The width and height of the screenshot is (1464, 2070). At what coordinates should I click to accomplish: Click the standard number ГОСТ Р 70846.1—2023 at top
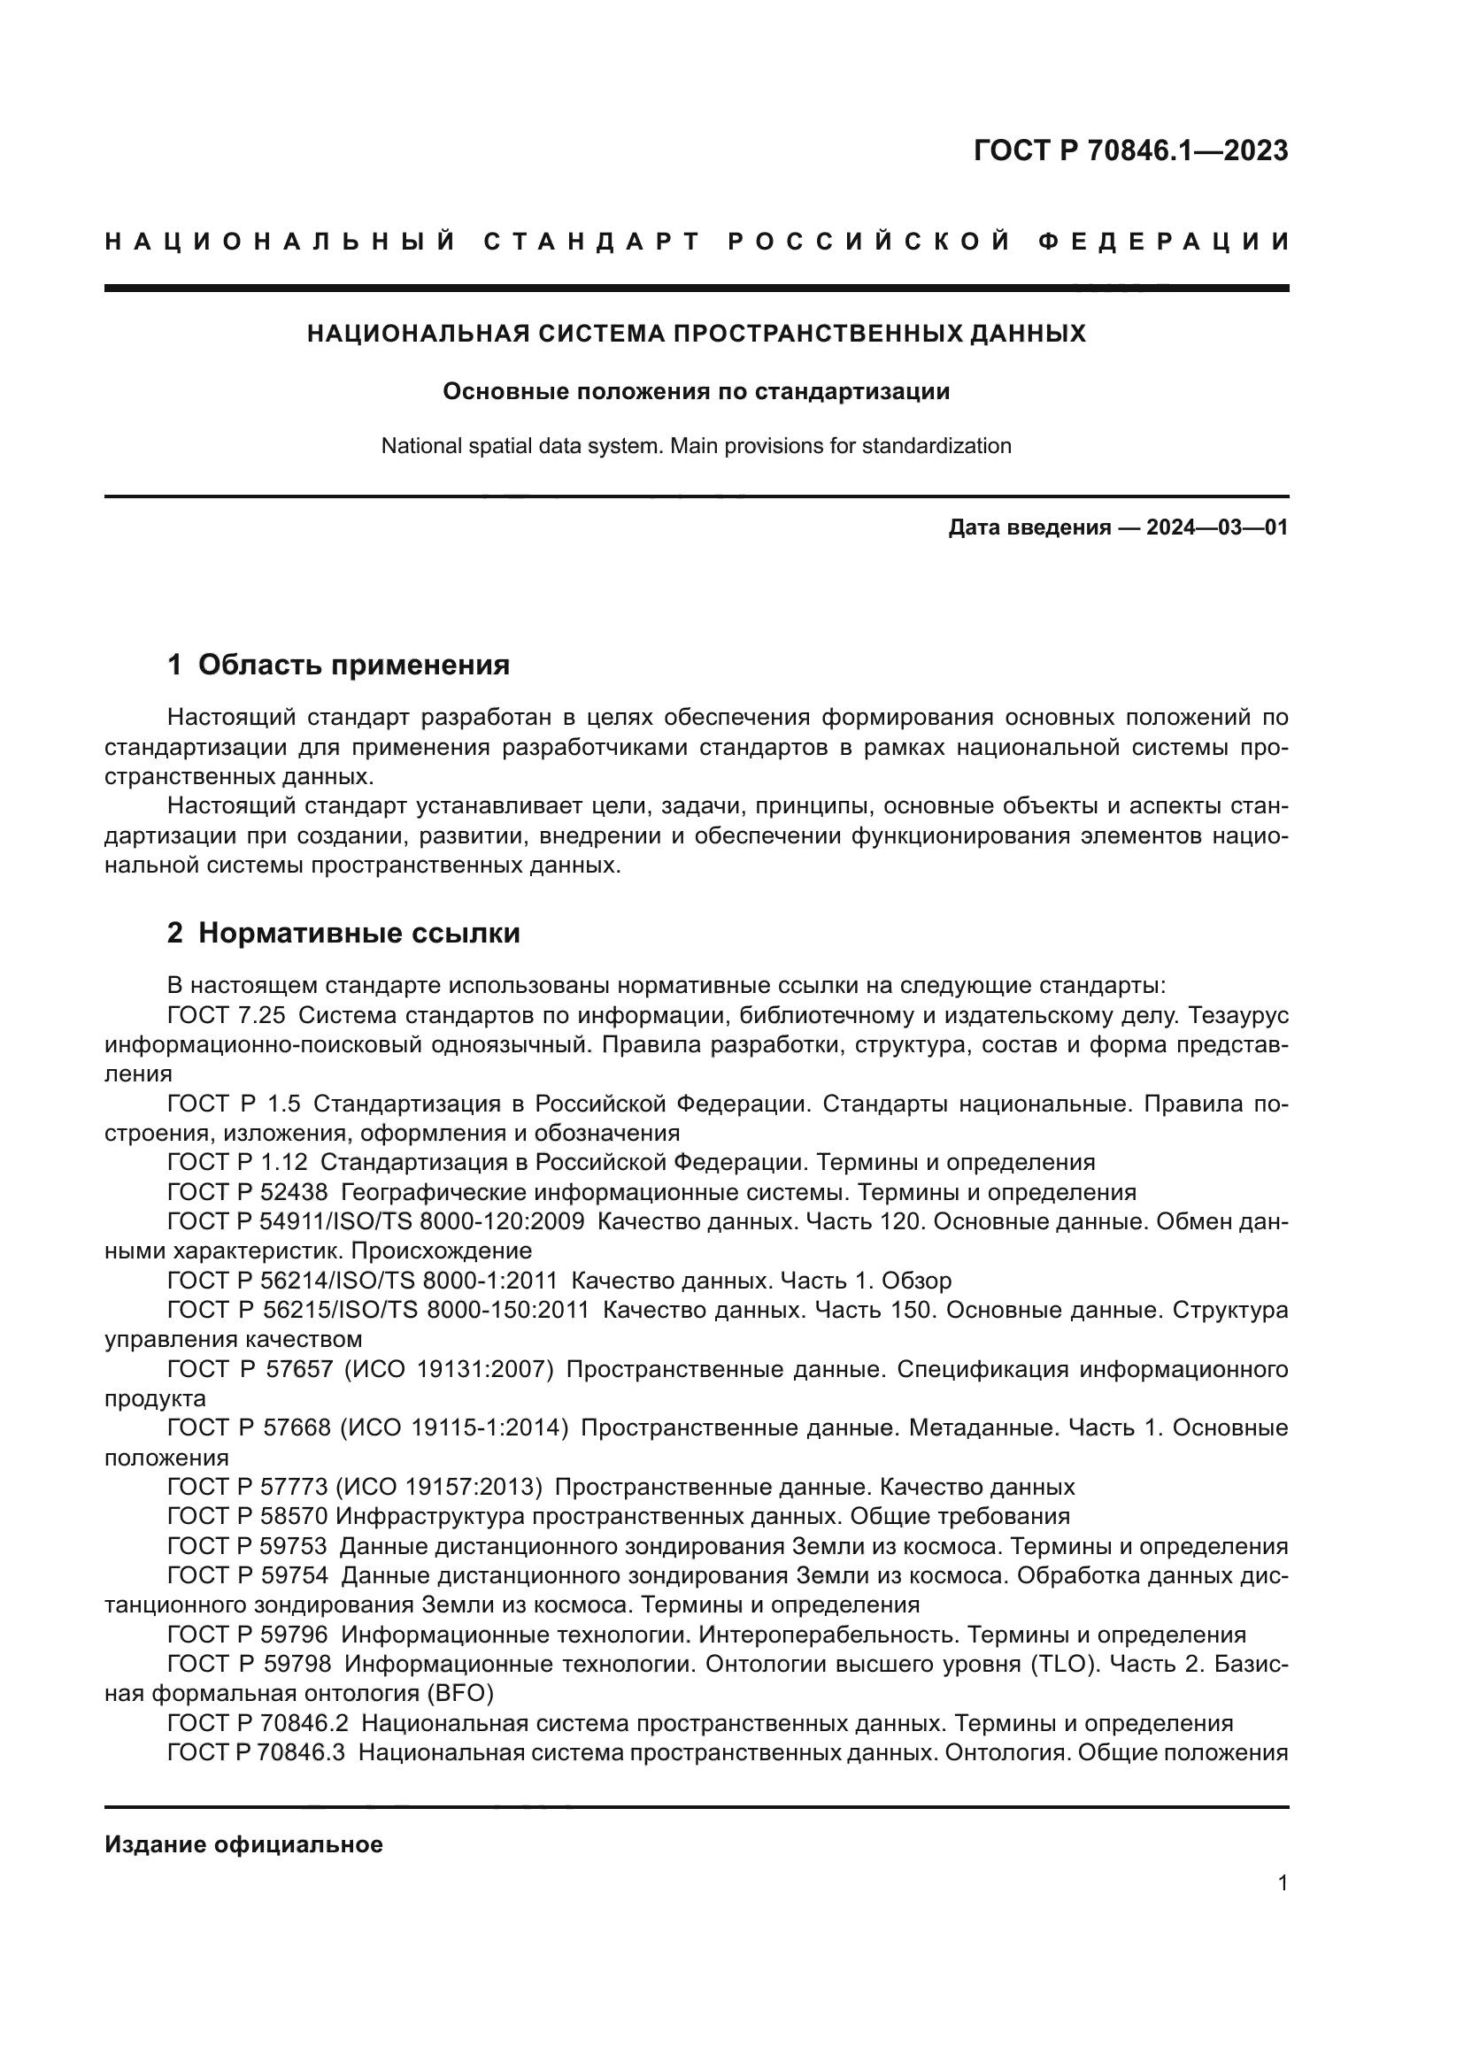click(1130, 150)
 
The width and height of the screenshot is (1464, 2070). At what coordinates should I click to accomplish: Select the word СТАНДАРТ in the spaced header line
click(592, 242)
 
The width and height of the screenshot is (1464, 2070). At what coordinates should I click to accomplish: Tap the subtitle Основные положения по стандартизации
click(696, 391)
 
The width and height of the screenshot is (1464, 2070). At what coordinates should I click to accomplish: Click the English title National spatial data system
click(523, 445)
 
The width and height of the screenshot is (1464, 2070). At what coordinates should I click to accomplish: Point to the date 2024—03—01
click(1217, 527)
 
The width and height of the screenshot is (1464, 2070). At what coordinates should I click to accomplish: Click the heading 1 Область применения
click(339, 665)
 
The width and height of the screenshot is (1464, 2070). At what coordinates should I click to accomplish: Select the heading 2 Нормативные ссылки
click(343, 932)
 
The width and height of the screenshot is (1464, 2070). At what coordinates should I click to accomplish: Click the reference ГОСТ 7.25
click(227, 1015)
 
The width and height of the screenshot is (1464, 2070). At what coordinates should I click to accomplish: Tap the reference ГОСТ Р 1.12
click(237, 1162)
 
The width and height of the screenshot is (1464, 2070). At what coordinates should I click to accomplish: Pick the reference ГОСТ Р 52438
click(248, 1192)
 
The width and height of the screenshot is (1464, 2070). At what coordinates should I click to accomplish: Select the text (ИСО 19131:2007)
click(448, 1368)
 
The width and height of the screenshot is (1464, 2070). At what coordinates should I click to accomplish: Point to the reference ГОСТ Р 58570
click(248, 1515)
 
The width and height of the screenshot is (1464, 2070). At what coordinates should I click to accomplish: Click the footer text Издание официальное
click(243, 1844)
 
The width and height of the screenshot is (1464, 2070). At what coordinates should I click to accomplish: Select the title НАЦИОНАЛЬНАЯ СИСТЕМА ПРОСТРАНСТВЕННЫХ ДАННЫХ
click(696, 334)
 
